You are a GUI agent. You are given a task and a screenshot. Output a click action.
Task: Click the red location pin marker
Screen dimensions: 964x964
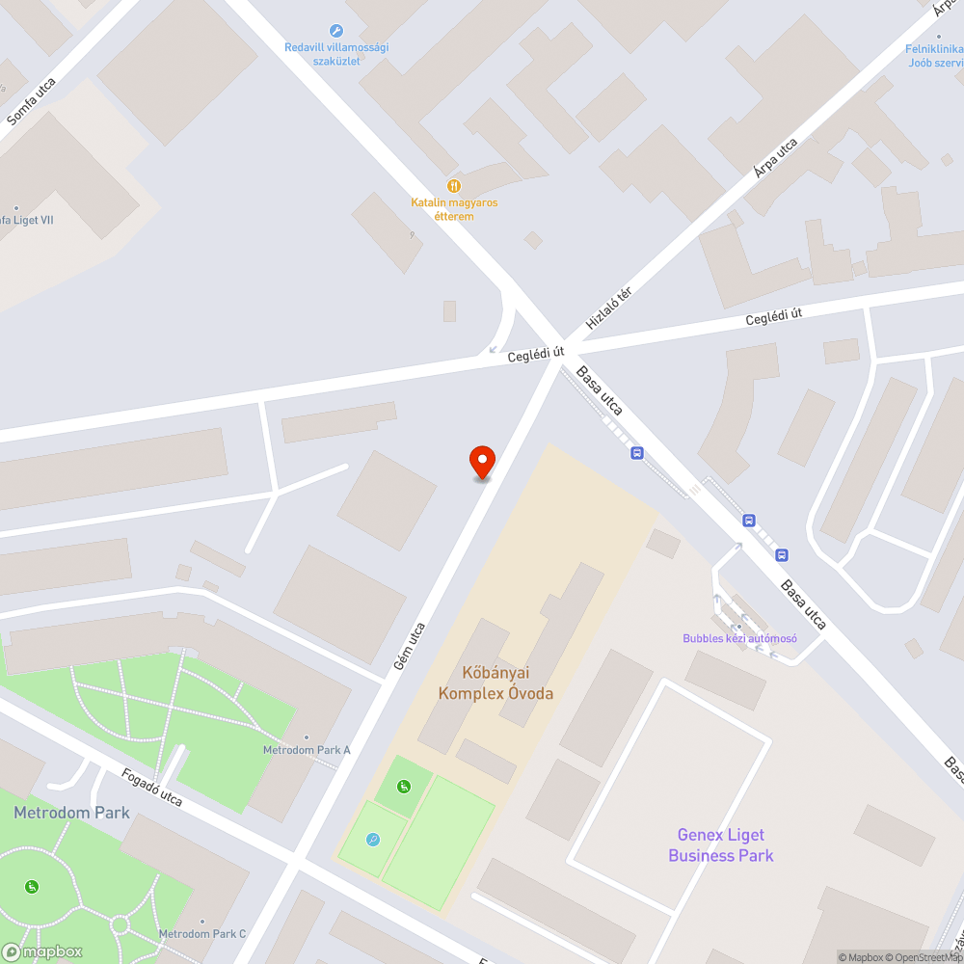click(481, 463)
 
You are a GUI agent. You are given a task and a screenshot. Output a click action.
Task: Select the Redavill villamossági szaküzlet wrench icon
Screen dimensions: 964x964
click(335, 31)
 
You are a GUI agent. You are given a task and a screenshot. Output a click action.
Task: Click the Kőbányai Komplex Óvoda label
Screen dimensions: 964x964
click(495, 683)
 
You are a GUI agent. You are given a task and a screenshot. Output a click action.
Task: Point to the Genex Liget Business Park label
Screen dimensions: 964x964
click(720, 845)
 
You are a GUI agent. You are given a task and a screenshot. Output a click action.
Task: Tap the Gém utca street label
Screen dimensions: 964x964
click(409, 646)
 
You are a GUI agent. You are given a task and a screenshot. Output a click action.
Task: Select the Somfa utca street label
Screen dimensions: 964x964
click(31, 101)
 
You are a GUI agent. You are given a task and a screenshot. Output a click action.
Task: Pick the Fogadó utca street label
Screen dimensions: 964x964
click(151, 788)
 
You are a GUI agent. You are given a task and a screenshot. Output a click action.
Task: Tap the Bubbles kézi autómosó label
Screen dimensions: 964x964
click(739, 638)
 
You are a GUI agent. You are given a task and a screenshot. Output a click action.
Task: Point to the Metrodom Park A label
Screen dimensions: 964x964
click(307, 750)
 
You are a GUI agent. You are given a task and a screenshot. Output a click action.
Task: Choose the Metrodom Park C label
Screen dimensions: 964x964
click(202, 933)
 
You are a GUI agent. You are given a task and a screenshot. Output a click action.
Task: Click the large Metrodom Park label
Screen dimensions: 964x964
click(71, 813)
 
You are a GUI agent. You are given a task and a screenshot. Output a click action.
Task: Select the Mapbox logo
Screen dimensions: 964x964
click(42, 951)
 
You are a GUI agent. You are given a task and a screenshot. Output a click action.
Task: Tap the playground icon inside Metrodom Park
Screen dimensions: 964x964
click(32, 886)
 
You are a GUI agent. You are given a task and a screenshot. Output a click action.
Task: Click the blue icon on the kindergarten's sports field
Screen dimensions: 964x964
click(373, 839)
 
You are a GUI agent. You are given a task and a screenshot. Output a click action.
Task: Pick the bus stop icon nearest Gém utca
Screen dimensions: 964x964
click(636, 452)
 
